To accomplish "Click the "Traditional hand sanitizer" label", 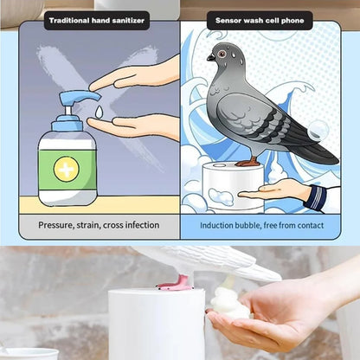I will point(96,19).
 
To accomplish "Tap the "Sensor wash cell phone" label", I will point(260,19).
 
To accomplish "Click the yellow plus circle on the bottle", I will point(67,168).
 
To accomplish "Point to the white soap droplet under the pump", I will point(100,112).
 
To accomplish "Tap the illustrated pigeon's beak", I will point(210,57).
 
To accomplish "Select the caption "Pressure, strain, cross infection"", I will point(99,225).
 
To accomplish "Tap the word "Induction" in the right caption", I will point(221,225).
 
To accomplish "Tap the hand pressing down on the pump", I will point(138,76).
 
